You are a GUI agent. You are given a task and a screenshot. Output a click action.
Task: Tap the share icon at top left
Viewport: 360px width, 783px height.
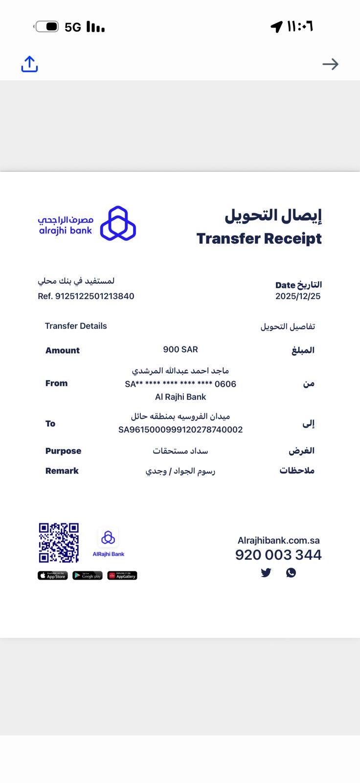pyautogui.click(x=29, y=64)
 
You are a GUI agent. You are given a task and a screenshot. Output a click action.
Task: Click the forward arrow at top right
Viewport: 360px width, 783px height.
pyautogui.click(x=330, y=64)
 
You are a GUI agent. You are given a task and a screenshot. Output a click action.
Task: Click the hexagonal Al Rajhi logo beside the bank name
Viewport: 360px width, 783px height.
pyautogui.click(x=118, y=224)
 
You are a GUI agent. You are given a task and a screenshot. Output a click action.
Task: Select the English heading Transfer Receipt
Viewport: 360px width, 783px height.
pyautogui.click(x=259, y=239)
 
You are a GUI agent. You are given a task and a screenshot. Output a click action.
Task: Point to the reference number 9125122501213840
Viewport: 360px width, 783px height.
pyautogui.click(x=94, y=296)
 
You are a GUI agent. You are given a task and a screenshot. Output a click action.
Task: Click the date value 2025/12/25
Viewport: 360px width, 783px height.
pyautogui.click(x=297, y=296)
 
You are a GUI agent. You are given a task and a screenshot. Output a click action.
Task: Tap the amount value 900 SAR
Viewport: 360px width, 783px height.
pyautogui.click(x=180, y=349)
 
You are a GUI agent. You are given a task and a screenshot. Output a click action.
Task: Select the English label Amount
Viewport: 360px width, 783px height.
pyautogui.click(x=62, y=350)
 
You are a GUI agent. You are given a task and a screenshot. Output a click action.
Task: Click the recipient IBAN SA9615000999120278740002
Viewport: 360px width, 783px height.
pyautogui.click(x=180, y=430)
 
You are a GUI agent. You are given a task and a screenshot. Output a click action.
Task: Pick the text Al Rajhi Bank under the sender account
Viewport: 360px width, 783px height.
pyautogui.click(x=180, y=397)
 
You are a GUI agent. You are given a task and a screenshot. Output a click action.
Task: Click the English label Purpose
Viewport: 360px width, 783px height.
pyautogui.click(x=63, y=451)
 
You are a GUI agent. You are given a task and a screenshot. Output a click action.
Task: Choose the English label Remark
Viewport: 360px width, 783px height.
pyautogui.click(x=62, y=471)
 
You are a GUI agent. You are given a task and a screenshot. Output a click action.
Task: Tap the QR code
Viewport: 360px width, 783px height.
pyautogui.click(x=59, y=543)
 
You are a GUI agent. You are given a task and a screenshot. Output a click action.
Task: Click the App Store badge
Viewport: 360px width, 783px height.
pyautogui.click(x=53, y=576)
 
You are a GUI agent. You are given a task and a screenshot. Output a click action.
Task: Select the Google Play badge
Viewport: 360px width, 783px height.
pyautogui.click(x=88, y=576)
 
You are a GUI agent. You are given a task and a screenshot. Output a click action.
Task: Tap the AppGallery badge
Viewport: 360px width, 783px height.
pyautogui.click(x=122, y=576)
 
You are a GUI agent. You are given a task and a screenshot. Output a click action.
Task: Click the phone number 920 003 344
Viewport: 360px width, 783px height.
pyautogui.click(x=278, y=555)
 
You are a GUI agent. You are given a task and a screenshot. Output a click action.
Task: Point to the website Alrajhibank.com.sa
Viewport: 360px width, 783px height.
pyautogui.click(x=278, y=540)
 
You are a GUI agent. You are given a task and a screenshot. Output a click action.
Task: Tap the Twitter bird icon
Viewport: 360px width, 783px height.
pyautogui.click(x=266, y=573)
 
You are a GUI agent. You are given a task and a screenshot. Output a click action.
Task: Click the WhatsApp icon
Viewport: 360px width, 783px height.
pyautogui.click(x=291, y=573)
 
